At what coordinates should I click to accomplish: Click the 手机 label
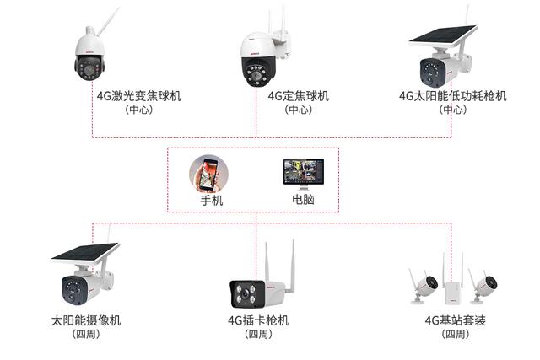click(x=211, y=201)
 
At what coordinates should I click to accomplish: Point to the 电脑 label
click(x=303, y=201)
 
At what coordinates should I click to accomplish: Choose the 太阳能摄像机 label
click(x=86, y=320)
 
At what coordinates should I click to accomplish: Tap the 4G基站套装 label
click(x=456, y=320)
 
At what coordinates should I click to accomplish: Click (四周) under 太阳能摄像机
click(x=86, y=335)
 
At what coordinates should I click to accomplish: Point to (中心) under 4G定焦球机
click(x=297, y=110)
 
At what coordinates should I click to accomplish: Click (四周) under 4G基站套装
click(x=456, y=335)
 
